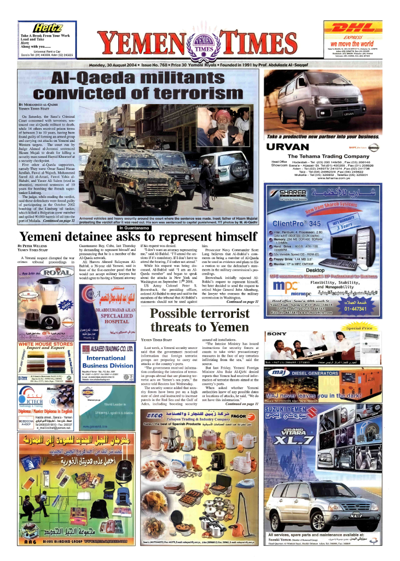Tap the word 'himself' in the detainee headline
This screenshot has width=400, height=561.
(x=228, y=237)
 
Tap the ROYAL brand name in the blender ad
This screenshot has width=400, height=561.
(x=57, y=271)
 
